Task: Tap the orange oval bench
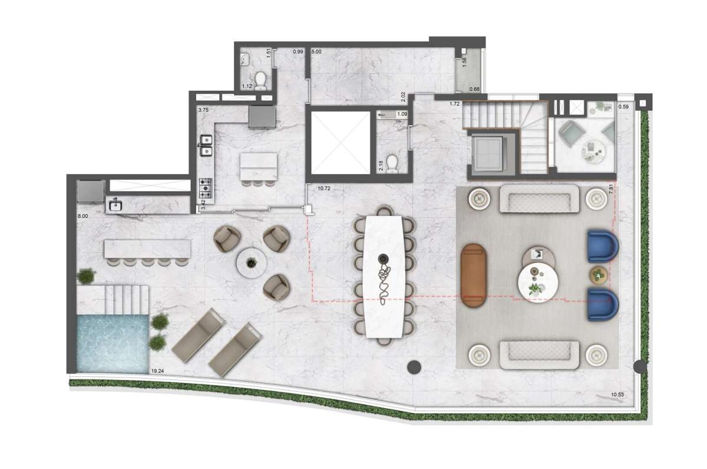pos(473,276)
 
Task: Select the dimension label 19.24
pos(157,371)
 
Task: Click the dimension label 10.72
pos(324,188)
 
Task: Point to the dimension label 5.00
pos(316,51)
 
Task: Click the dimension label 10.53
pos(617,395)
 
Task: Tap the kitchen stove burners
pos(206,188)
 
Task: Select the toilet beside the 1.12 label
pos(260,81)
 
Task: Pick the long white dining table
pos(384,277)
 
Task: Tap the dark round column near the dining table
pos(414,367)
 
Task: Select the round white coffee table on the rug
pos(538,282)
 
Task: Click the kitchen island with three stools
pos(259,166)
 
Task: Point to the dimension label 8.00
pos(83,216)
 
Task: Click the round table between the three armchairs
pos(252,263)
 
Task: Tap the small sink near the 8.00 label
pos(115,205)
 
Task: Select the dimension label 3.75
pos(203,110)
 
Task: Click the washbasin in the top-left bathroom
pos(245,60)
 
